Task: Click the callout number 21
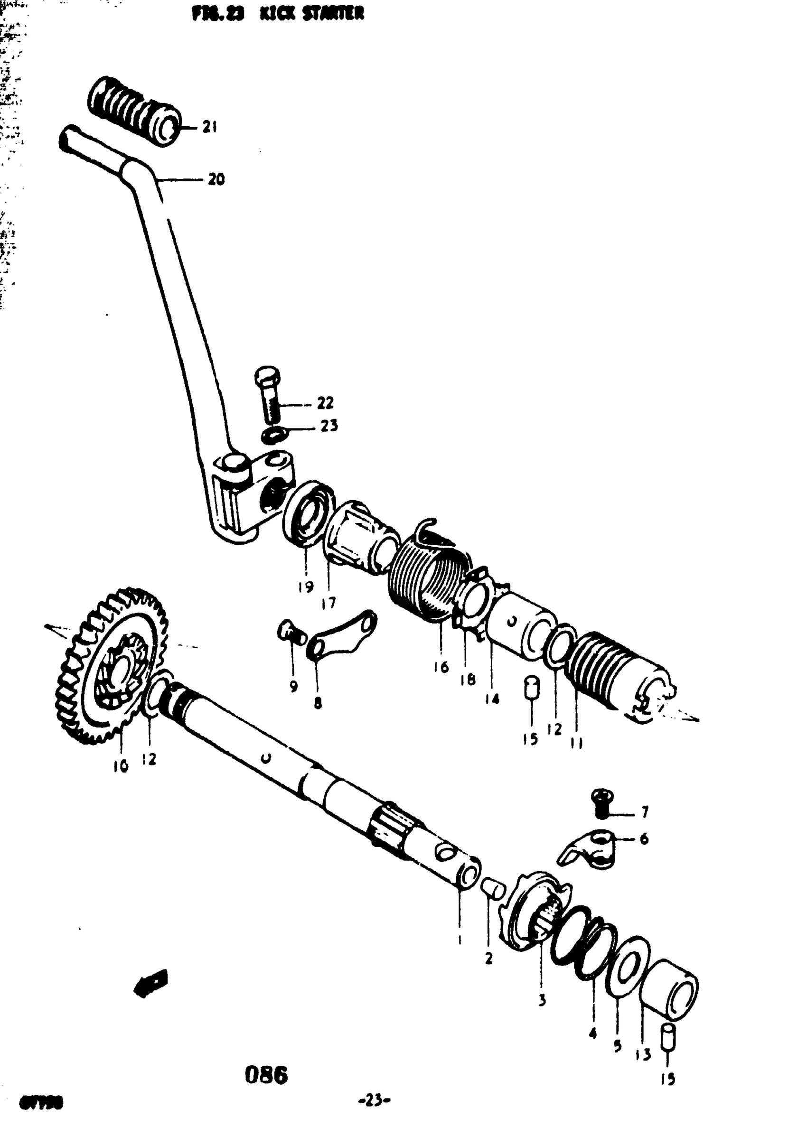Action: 210,127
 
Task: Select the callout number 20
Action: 216,179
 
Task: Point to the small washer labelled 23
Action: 275,435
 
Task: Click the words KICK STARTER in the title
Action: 312,13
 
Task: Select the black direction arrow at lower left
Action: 151,983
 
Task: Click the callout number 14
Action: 492,699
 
